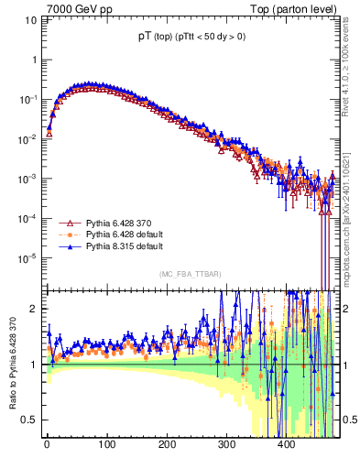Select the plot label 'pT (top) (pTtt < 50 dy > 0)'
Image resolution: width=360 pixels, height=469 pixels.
[x=180, y=38]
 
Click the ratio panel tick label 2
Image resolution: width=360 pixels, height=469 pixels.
[x=33, y=309]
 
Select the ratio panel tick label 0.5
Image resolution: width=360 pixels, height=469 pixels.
[x=29, y=420]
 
